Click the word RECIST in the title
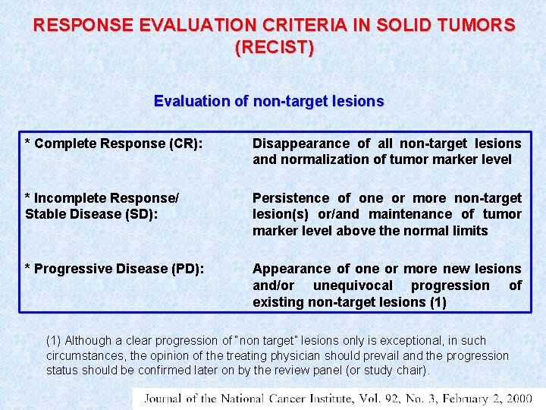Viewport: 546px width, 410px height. [274, 47]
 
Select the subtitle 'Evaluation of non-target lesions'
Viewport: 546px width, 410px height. [268, 101]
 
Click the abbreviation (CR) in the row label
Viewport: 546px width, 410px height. [183, 143]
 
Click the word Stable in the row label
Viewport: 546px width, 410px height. [45, 214]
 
